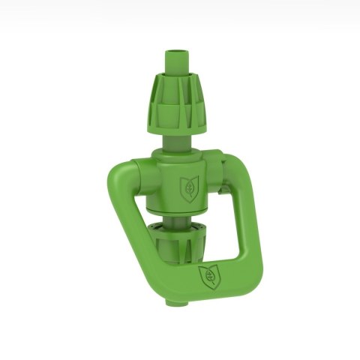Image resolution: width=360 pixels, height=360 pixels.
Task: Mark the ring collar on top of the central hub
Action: pyautogui.click(x=178, y=155)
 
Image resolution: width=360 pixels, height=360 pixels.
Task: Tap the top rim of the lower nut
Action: pyautogui.click(x=182, y=224)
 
